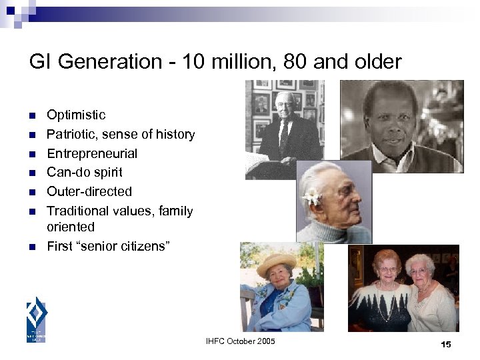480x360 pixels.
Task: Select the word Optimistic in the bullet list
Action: click(x=76, y=115)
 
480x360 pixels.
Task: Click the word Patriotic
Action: click(x=70, y=135)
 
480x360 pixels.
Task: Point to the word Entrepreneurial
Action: click(x=92, y=153)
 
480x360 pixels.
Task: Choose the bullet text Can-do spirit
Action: click(x=85, y=173)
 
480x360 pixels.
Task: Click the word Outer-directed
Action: click(x=89, y=191)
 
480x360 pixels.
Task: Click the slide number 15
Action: click(x=446, y=344)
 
